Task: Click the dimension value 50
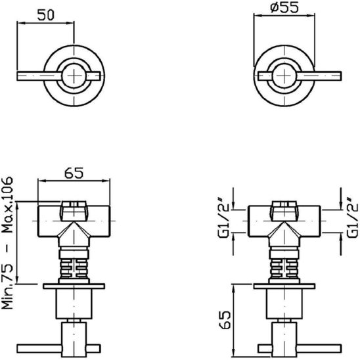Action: point(46,15)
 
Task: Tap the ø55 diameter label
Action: point(284,7)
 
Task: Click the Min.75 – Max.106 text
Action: point(7,243)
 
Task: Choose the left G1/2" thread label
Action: point(223,217)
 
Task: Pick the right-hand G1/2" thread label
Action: point(352,217)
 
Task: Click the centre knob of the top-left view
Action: point(74,76)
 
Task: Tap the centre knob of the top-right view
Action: point(284,76)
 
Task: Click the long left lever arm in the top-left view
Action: point(39,76)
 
